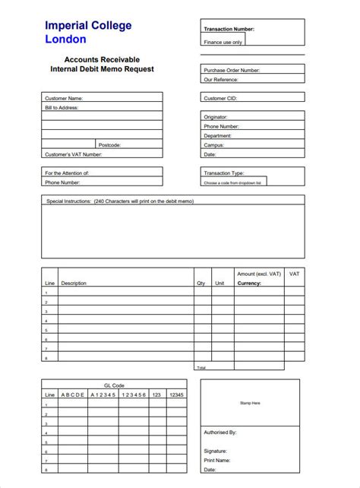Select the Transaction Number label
[x=229, y=29]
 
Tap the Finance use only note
[x=223, y=43]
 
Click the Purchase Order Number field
[x=253, y=69]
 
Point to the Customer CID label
[x=221, y=98]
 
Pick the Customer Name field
[x=102, y=98]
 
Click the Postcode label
[x=109, y=144]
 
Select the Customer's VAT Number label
[x=73, y=154]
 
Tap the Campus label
[x=213, y=144]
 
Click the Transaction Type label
[x=223, y=173]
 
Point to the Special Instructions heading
[x=120, y=201]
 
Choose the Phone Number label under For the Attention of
[x=62, y=182]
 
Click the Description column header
[x=74, y=283]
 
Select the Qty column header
[x=201, y=283]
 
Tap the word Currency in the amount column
[x=249, y=283]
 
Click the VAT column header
[x=295, y=274]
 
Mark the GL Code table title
[x=113, y=385]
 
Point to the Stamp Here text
[x=250, y=403]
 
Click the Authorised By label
[x=220, y=432]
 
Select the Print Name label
[x=216, y=460]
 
